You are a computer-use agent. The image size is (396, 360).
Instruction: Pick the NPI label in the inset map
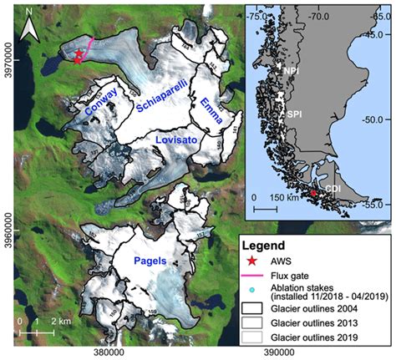290,73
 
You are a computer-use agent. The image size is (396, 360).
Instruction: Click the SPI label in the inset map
295,113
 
